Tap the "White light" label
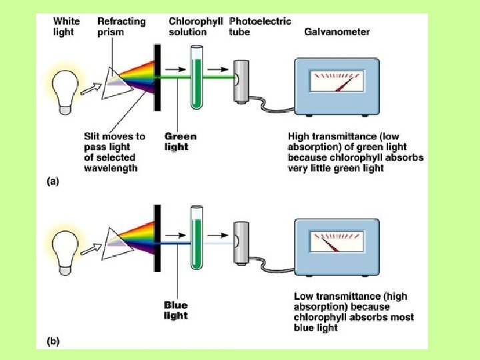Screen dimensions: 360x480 coord(66,27)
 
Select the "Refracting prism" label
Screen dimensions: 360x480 coord(121,27)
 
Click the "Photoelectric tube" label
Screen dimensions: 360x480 coord(259,27)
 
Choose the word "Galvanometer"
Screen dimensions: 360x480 coord(337,31)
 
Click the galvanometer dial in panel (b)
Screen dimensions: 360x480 coord(335,241)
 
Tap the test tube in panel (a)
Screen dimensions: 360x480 coord(197,77)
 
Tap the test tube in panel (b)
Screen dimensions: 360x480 coord(197,237)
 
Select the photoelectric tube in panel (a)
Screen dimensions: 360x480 coord(241,79)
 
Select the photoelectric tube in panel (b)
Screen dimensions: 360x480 coord(241,239)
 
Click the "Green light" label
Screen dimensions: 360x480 coord(181,141)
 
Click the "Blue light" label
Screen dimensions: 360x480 coord(176,311)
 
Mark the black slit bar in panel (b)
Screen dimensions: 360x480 coord(159,237)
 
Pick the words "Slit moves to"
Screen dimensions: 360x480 coord(114,137)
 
